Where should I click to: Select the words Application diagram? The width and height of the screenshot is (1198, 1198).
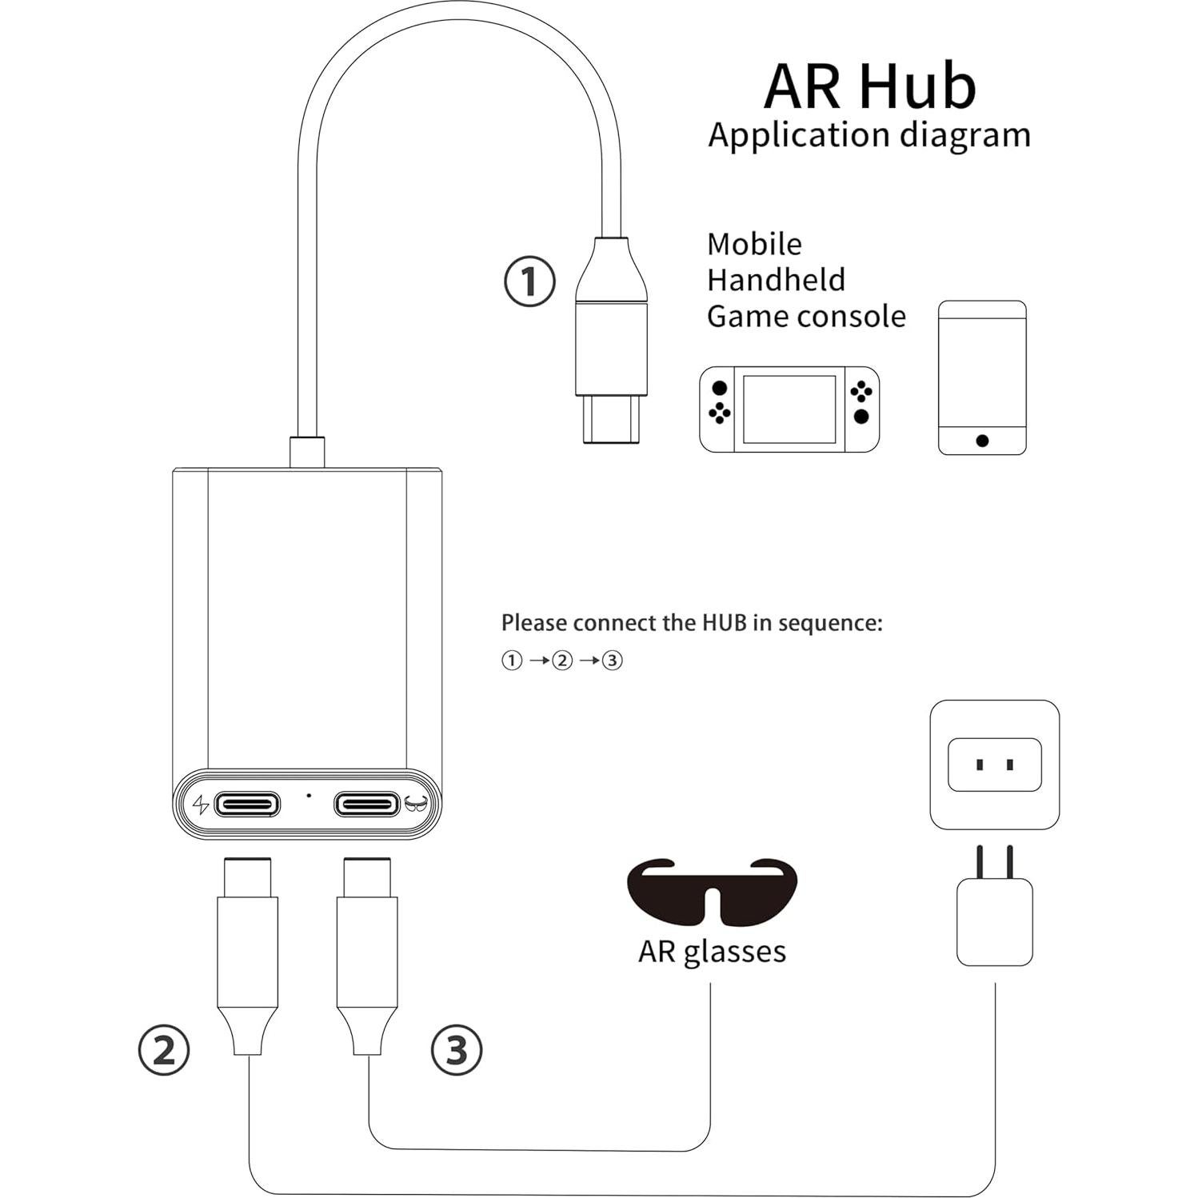(x=869, y=135)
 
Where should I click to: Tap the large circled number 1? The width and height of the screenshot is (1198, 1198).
(x=529, y=282)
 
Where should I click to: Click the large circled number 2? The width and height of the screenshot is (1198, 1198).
(x=164, y=1049)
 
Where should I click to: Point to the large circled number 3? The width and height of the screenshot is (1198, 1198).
(x=457, y=1049)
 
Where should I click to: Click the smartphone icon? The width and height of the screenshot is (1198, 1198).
(x=981, y=377)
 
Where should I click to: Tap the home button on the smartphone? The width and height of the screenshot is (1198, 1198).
(x=982, y=441)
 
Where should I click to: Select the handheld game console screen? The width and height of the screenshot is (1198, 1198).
(x=789, y=409)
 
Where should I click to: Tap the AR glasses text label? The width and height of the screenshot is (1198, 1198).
(x=712, y=951)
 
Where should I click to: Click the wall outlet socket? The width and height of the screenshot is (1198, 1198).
(x=994, y=765)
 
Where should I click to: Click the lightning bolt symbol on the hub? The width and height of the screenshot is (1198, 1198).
(x=201, y=804)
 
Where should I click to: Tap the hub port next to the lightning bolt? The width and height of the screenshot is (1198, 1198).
(x=248, y=804)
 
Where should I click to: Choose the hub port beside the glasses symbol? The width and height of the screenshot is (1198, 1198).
(x=366, y=804)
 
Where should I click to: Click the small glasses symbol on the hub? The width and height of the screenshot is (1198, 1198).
(x=417, y=804)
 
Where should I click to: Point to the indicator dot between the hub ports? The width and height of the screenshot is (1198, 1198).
(x=309, y=796)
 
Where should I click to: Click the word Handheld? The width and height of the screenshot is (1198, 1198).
(x=776, y=280)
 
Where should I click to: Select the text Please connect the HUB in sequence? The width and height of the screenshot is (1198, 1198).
(x=692, y=623)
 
